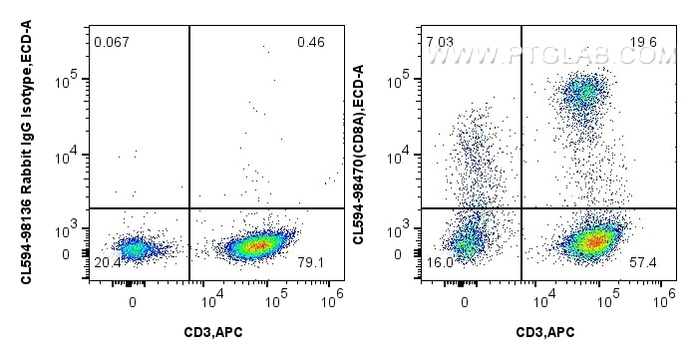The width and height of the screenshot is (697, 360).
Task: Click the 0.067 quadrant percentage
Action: pyautogui.click(x=112, y=42)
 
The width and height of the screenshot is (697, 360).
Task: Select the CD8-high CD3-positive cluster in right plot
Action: pyautogui.click(x=581, y=93)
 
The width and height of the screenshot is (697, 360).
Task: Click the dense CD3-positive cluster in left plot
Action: pyautogui.click(x=257, y=244)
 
